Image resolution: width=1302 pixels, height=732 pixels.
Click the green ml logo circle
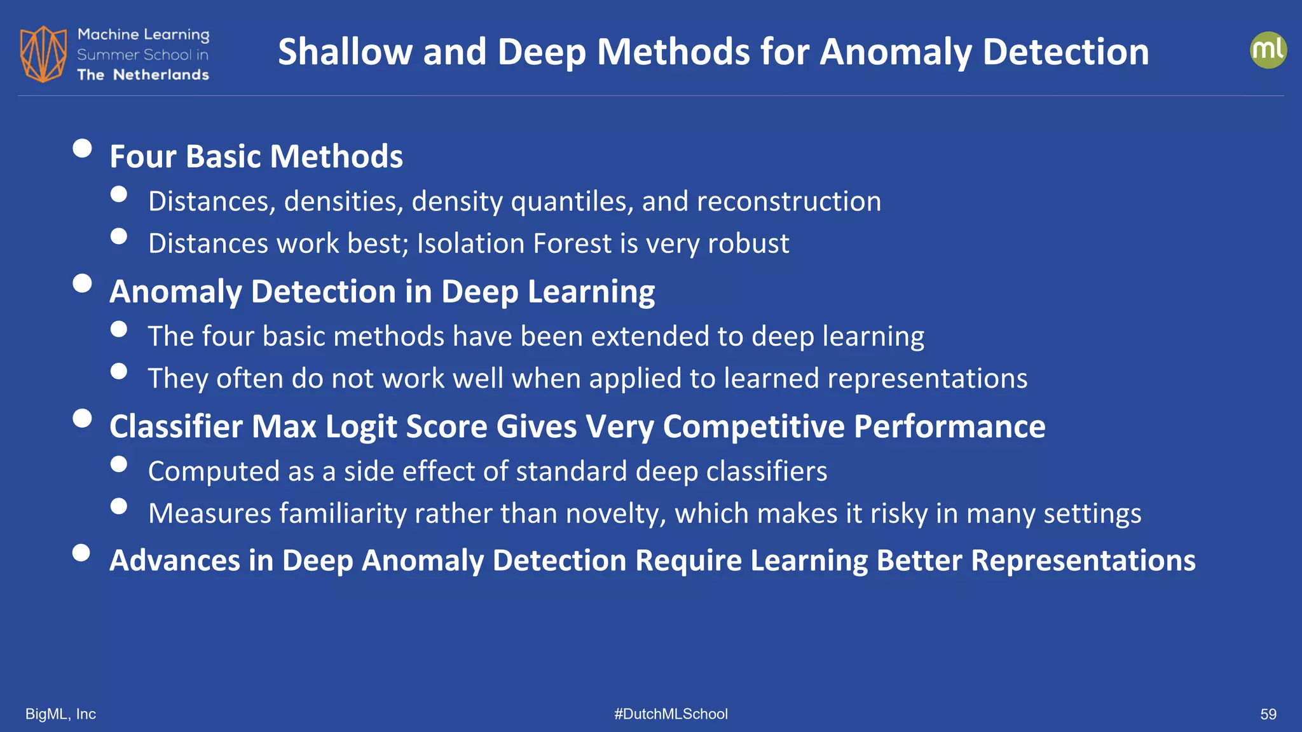click(1268, 50)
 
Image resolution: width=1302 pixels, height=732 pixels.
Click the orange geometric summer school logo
click(43, 54)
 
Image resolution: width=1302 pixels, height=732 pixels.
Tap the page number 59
click(1268, 714)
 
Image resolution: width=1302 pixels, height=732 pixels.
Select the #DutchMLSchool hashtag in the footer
click(671, 714)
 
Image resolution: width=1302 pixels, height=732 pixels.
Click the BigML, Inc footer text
click(60, 714)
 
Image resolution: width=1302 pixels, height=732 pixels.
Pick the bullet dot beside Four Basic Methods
click(82, 148)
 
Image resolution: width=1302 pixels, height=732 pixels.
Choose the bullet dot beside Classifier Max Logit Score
click(82, 418)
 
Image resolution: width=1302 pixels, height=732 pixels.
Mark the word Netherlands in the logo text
click(161, 75)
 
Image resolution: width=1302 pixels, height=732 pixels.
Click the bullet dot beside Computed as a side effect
click(119, 464)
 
